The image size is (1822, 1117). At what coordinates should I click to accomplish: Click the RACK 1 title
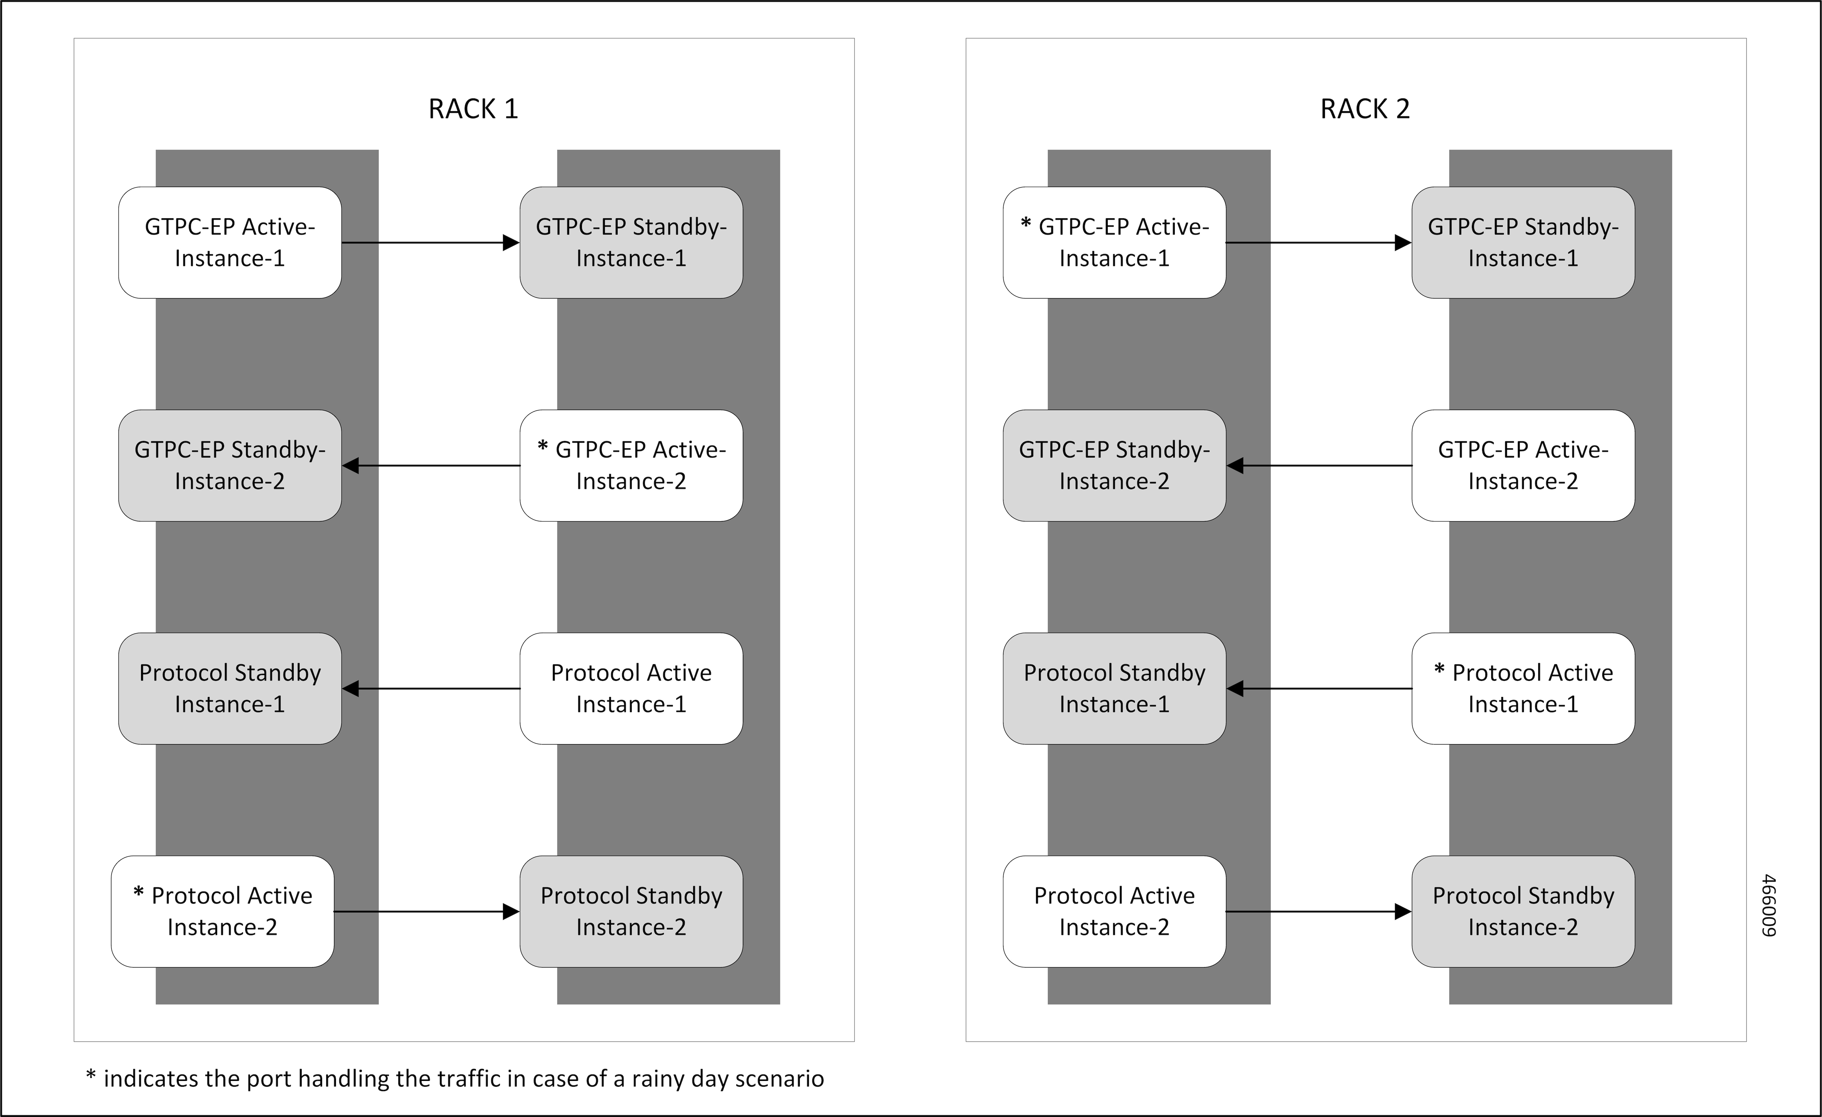[x=473, y=109]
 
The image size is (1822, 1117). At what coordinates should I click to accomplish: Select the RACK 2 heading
[x=1365, y=109]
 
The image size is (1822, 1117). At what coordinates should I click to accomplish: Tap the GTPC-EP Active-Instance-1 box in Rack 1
[x=230, y=243]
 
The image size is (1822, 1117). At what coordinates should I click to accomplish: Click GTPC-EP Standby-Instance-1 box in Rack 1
[x=631, y=243]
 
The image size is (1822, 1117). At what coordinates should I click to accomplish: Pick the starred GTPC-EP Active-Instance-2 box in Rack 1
[x=631, y=466]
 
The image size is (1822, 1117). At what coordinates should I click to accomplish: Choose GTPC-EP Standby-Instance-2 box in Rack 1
[x=230, y=466]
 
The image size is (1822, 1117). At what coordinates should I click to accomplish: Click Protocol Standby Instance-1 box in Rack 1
[x=230, y=688]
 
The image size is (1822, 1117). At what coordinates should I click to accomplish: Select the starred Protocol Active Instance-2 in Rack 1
[x=223, y=912]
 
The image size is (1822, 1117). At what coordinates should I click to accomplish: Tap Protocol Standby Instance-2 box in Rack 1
[x=631, y=912]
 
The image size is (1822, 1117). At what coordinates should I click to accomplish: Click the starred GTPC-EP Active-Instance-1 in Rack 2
[x=1114, y=243]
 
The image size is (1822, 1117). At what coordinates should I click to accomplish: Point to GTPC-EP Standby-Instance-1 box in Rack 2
[x=1523, y=243]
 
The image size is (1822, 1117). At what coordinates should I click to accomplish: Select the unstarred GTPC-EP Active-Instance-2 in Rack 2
[x=1523, y=466]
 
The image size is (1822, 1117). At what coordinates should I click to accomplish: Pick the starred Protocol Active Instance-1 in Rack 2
[x=1523, y=688]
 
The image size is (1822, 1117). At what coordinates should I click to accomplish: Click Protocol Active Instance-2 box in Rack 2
[x=1114, y=912]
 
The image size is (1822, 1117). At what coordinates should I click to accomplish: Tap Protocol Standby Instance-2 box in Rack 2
[x=1523, y=912]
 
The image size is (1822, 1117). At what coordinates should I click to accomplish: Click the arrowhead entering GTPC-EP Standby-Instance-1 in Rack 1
[x=511, y=243]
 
